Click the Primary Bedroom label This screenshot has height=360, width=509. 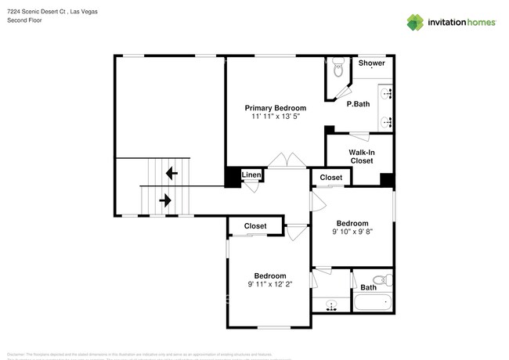click(275, 108)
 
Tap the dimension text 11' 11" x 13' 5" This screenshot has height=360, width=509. click(275, 117)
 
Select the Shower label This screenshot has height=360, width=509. click(371, 63)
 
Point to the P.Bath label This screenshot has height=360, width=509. click(359, 104)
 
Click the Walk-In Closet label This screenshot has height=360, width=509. click(361, 156)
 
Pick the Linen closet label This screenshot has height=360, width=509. click(251, 175)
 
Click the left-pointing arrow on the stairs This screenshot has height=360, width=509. click(171, 172)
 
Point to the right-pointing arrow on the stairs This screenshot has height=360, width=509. click(164, 201)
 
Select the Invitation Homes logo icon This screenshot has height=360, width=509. click(413, 22)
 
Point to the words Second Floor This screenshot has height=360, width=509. click(24, 20)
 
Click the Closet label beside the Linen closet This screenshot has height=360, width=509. click(330, 178)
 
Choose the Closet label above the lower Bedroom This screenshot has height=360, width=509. click(255, 226)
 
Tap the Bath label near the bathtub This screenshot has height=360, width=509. click(368, 287)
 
